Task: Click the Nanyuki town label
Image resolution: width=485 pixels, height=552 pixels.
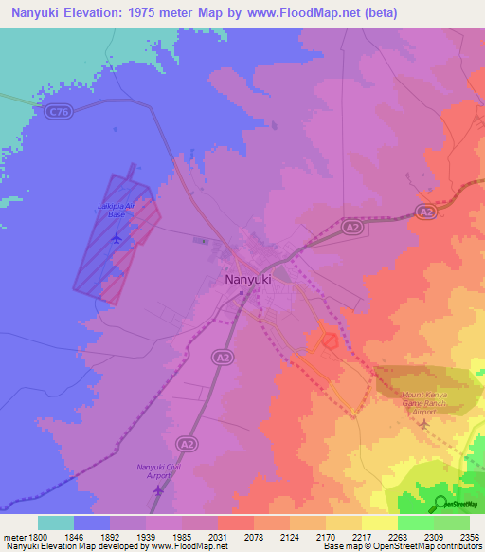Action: click(250, 280)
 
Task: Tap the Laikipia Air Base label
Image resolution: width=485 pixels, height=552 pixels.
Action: click(117, 210)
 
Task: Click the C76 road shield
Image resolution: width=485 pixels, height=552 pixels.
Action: click(57, 112)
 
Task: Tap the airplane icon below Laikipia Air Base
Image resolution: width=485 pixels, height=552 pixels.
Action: click(117, 237)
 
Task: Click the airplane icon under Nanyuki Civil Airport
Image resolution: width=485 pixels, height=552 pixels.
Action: click(157, 490)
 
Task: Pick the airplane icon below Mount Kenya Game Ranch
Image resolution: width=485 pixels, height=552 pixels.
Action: click(422, 422)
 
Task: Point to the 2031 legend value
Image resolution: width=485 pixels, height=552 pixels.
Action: click(217, 536)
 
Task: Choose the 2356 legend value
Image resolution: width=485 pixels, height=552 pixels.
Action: click(469, 536)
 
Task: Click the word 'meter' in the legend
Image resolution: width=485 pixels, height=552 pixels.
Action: click(13, 536)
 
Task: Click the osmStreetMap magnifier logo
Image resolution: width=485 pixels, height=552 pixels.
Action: click(439, 503)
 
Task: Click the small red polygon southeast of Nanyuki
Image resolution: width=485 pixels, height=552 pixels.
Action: click(329, 340)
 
